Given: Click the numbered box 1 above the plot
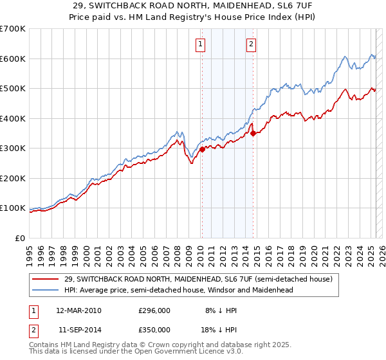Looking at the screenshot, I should coord(201,44).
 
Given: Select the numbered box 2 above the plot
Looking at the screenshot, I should coord(251,44).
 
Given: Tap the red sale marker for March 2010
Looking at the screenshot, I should coord(201,149).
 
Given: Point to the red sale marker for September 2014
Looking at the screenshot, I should coord(253,133).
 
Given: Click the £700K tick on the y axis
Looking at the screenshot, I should coord(13,29).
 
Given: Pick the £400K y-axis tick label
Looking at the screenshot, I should coord(13,118).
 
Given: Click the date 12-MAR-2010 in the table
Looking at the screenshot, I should coord(78,310).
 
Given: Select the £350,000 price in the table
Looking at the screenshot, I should coord(154,329).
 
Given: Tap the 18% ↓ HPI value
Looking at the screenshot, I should coord(223,329).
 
